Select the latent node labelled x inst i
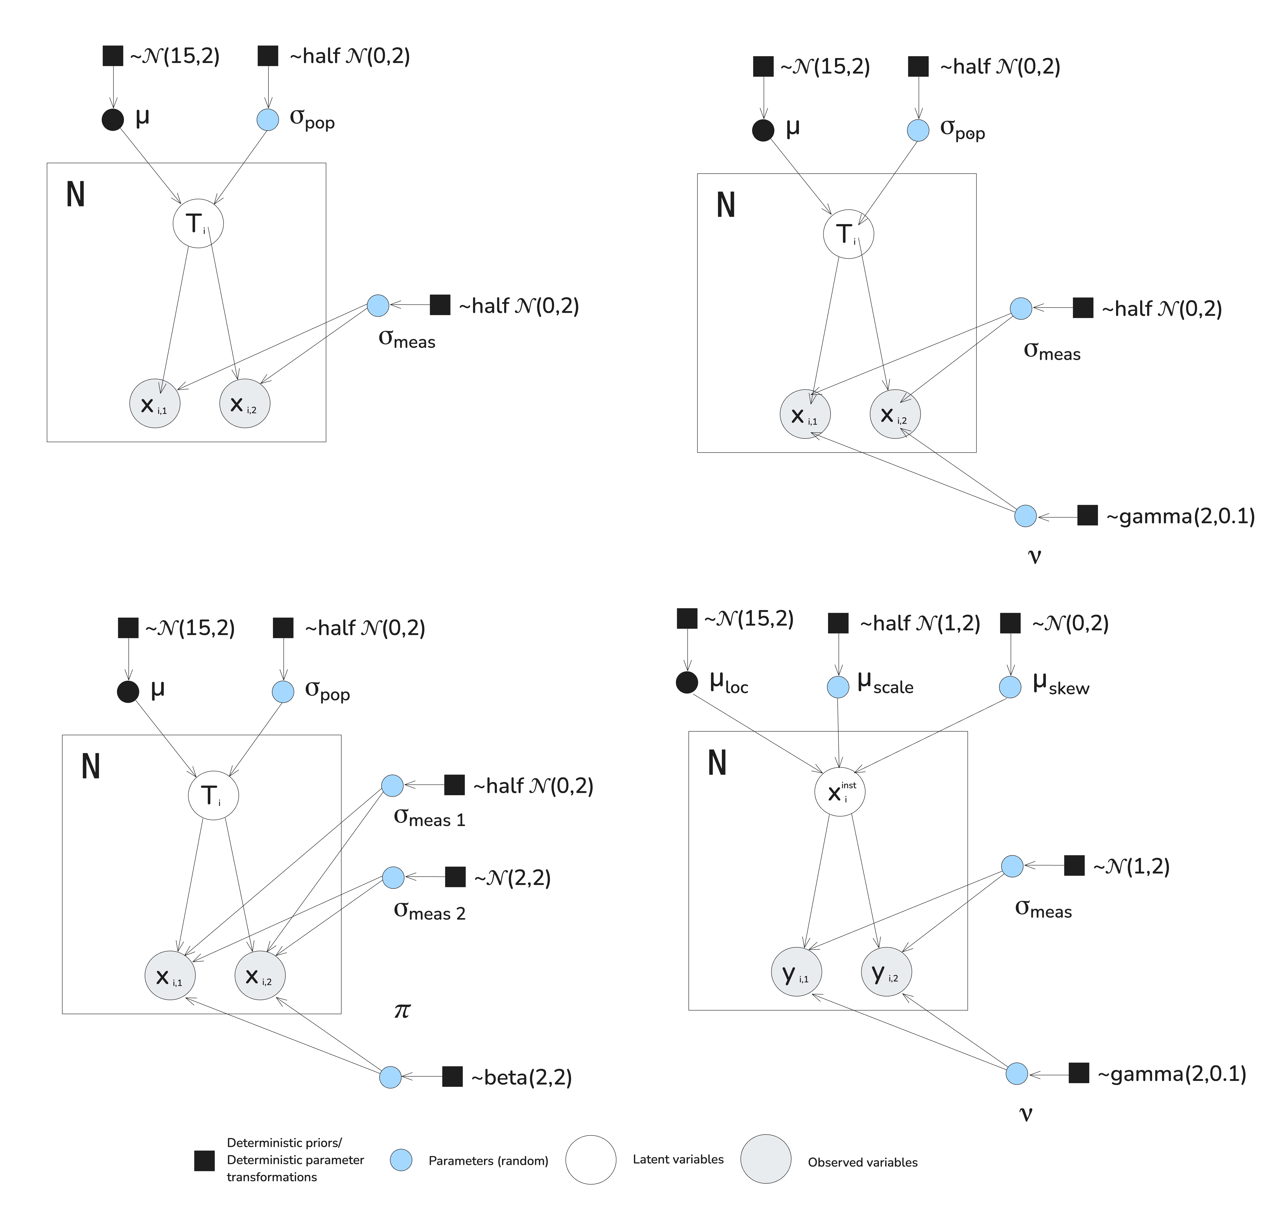(x=840, y=792)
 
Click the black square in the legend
(x=205, y=1161)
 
